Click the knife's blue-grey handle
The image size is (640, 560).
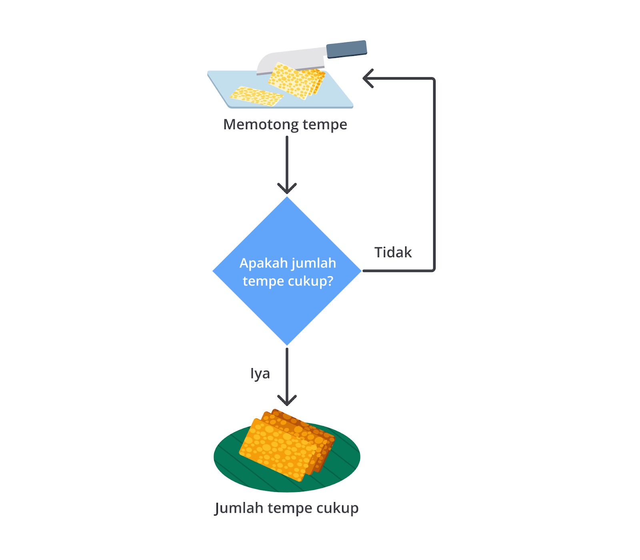tap(346, 49)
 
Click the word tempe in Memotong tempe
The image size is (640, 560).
tap(325, 125)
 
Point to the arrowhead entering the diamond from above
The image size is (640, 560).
tap(287, 188)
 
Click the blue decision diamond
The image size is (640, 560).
tap(287, 304)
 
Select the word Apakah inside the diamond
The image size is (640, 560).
tap(264, 263)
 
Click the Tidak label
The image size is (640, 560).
tap(393, 252)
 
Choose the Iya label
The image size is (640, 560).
tap(260, 374)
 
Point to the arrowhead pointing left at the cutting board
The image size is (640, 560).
tap(368, 78)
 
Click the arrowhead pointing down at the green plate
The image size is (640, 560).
tap(287, 400)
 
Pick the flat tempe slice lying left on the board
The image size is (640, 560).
tap(256, 96)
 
